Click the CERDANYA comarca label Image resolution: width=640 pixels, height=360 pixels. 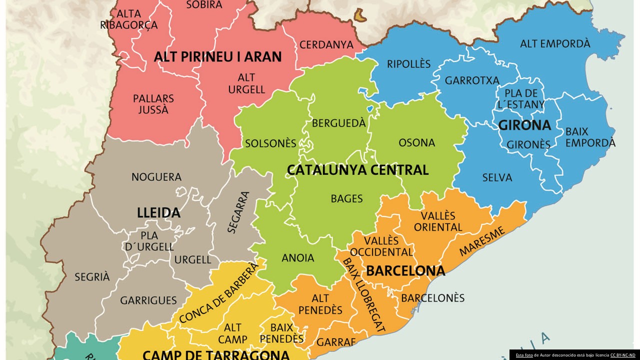click(x=326, y=45)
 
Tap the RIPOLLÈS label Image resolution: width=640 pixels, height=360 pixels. click(x=408, y=64)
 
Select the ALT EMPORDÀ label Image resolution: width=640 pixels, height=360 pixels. click(x=555, y=44)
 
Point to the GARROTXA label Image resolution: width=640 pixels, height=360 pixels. click(x=472, y=80)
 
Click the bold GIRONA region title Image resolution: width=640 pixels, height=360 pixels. click(x=524, y=125)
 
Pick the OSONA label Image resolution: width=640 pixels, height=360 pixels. click(x=416, y=143)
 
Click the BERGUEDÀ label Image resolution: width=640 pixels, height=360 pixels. click(x=339, y=123)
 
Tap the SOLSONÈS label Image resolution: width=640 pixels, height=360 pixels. click(x=270, y=143)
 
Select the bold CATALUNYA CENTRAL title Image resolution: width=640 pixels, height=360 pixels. click(x=357, y=170)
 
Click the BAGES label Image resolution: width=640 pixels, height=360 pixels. click(x=346, y=199)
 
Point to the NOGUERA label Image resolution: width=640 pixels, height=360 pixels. click(x=156, y=177)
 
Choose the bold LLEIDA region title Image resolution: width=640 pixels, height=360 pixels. click(x=158, y=213)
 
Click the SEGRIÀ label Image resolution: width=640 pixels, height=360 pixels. click(x=92, y=276)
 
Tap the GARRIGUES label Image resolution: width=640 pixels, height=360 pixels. click(x=148, y=300)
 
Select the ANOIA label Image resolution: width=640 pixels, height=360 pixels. click(x=298, y=258)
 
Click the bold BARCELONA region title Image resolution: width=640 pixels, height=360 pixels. click(x=405, y=271)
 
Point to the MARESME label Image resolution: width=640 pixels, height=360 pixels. click(x=482, y=241)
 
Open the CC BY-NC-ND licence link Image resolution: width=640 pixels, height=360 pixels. click(x=622, y=355)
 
